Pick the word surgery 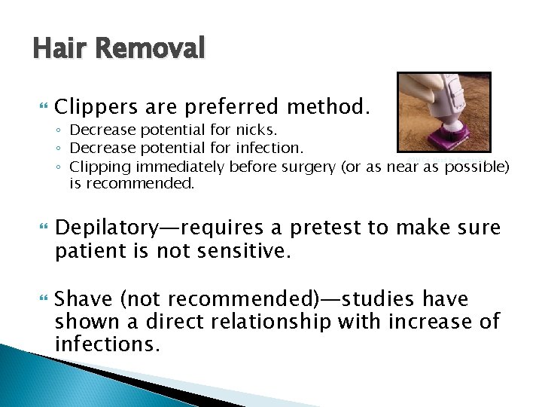(x=309, y=167)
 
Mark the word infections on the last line (x=108, y=344)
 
